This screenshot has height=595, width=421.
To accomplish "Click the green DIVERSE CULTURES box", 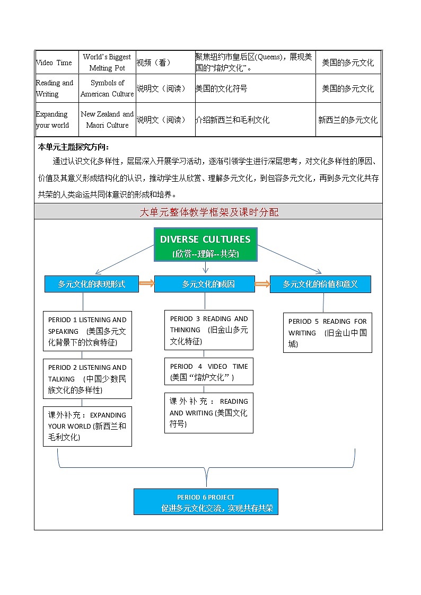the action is click(x=206, y=245).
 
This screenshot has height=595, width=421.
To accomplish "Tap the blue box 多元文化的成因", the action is click(x=208, y=284).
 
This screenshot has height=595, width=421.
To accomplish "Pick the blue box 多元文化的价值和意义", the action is click(x=320, y=284).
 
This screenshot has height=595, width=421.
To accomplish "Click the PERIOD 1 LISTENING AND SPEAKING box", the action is click(x=87, y=331).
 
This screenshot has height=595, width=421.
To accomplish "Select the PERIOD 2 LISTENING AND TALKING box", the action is click(x=87, y=379).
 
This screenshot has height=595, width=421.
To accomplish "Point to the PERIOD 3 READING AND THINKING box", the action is click(x=208, y=330).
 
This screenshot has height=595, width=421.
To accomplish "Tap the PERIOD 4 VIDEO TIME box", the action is click(x=208, y=371).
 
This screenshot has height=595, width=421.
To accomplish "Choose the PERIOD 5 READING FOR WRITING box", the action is click(x=327, y=333).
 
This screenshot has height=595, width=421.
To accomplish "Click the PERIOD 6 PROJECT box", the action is click(x=206, y=502).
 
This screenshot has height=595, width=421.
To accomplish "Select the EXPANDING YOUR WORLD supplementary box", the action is click(x=87, y=426).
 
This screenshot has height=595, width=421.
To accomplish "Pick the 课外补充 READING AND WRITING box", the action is click(x=208, y=413).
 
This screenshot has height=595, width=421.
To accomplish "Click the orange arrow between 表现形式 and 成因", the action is click(x=146, y=284).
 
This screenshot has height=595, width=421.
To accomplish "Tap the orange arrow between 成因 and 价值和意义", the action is click(x=262, y=284).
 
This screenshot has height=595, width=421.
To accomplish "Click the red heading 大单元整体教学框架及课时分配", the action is click(x=208, y=212).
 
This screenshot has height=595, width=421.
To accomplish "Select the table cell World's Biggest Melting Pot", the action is click(x=107, y=63).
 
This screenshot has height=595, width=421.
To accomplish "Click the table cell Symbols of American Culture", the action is click(x=107, y=88).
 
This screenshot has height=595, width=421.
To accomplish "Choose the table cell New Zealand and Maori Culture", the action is click(x=107, y=120).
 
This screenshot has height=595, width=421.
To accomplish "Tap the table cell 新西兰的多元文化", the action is click(x=348, y=120).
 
